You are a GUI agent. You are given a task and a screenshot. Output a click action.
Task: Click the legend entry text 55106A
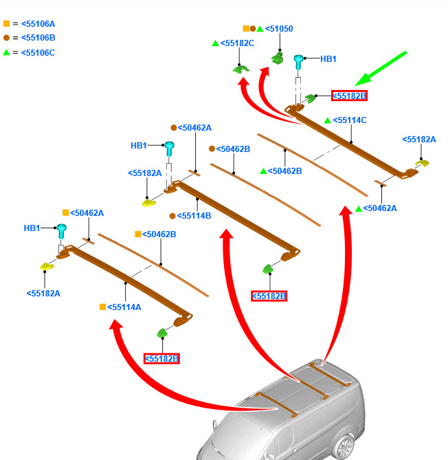tap(38, 24)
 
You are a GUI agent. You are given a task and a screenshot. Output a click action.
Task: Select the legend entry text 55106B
tap(38, 38)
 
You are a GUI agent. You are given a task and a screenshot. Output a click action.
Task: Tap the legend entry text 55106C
tap(38, 52)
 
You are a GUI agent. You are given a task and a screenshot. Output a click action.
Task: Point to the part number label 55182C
tap(237, 43)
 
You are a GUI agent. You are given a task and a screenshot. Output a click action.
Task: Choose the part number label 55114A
tap(124, 307)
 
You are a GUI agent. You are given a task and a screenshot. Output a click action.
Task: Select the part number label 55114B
tap(194, 215)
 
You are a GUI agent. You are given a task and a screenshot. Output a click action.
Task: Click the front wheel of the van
tap(341, 449)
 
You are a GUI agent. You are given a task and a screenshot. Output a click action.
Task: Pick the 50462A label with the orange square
tap(87, 213)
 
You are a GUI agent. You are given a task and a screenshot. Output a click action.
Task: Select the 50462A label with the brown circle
tap(195, 128)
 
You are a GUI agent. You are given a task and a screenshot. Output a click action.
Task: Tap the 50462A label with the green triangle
tap(380, 208)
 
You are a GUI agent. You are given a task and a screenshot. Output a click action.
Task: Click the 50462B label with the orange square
tap(159, 234)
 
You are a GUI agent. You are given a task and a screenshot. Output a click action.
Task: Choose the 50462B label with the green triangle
tap(284, 171)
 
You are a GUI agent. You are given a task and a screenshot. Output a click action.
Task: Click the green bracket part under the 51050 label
tap(278, 58)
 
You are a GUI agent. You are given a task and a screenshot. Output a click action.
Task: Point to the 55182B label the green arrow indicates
tap(349, 96)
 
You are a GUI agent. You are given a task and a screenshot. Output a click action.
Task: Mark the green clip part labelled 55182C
tap(240, 68)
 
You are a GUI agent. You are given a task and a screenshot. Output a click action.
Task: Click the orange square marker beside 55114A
tap(102, 307)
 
